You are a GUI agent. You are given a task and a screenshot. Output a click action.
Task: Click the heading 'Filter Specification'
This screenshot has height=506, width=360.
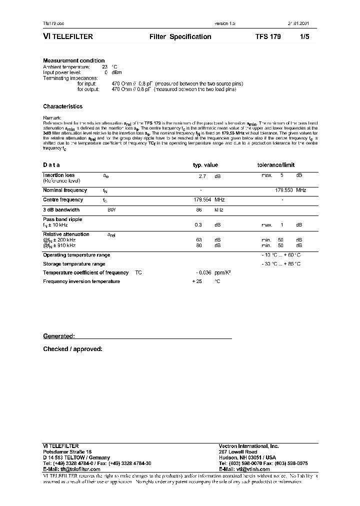(x=180, y=36)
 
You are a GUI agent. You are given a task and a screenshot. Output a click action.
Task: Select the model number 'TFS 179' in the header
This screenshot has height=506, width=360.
(x=268, y=36)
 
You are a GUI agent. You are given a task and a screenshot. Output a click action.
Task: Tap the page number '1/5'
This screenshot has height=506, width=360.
(x=304, y=36)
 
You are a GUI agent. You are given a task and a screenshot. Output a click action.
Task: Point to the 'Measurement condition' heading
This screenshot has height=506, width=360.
(x=73, y=60)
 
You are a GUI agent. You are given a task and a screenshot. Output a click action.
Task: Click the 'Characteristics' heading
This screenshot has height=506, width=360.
(x=62, y=106)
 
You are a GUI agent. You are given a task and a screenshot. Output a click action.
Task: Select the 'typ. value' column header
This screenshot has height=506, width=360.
(x=205, y=165)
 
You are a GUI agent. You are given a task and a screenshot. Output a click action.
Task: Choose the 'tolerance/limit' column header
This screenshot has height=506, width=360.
(x=276, y=165)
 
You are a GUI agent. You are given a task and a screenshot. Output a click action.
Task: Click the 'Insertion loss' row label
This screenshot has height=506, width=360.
(x=59, y=175)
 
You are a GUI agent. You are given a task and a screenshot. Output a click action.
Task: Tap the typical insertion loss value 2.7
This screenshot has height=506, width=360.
(x=202, y=176)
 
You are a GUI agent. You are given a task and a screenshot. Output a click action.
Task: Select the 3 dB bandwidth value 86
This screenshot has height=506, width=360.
(x=198, y=210)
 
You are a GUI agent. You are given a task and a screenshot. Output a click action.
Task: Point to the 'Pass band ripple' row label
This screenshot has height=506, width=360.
(x=62, y=219)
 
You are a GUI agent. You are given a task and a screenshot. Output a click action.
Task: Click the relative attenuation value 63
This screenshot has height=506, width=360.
(x=198, y=240)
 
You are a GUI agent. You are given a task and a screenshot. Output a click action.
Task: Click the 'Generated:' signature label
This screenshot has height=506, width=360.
(x=59, y=336)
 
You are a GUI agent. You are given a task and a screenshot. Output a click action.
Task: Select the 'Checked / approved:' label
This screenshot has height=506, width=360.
(x=72, y=349)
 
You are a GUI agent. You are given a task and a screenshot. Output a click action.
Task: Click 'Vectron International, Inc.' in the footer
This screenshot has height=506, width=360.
(x=248, y=446)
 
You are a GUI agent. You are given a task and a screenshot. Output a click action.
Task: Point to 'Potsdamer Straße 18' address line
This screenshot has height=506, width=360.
(x=67, y=451)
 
